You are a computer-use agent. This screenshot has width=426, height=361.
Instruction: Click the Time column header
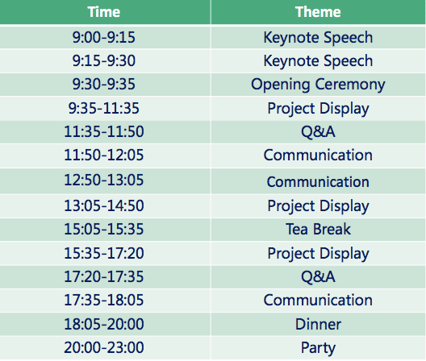tap(104, 12)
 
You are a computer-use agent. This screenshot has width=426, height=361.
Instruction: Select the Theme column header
tap(318, 12)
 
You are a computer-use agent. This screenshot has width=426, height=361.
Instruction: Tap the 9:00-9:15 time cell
tap(104, 37)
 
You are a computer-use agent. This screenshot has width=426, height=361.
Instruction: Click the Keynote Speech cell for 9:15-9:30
tap(318, 60)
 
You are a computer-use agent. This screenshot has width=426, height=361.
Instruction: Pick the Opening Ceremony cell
tap(318, 85)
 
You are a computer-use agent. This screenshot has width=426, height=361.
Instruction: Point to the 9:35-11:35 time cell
tap(104, 108)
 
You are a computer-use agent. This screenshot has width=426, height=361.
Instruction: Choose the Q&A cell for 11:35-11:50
tap(318, 132)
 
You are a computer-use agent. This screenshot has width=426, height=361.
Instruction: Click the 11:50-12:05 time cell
tap(104, 156)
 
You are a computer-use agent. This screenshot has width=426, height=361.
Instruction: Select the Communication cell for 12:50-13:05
tap(318, 181)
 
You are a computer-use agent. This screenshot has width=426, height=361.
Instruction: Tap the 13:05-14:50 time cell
tap(104, 205)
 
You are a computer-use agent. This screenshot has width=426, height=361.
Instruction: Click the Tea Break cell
tap(318, 229)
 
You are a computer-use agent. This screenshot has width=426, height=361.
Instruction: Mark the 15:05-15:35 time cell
tap(104, 229)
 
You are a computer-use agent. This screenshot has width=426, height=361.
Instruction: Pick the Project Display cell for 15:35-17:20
tap(318, 254)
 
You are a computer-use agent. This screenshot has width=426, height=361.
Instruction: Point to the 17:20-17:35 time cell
tap(104, 277)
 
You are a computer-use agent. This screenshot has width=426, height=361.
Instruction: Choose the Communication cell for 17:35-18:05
tap(318, 301)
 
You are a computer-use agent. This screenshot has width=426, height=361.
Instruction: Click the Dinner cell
tap(318, 324)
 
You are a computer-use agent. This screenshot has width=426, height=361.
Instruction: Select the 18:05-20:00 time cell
tap(104, 324)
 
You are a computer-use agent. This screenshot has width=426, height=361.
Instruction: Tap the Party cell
tap(318, 348)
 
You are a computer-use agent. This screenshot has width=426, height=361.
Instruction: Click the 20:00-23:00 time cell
tap(104, 347)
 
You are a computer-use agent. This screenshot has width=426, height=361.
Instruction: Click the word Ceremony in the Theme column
tap(350, 85)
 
